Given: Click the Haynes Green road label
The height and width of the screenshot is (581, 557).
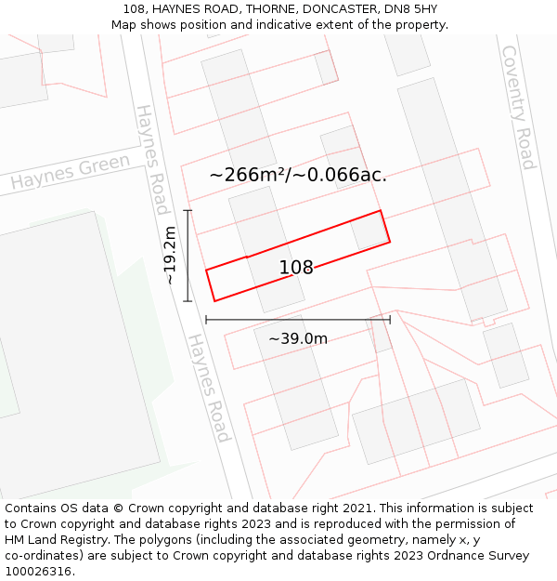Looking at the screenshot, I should point(71,173).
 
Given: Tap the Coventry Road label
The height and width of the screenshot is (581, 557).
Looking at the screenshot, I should point(518,107).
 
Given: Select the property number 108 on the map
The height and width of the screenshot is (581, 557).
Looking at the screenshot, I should point(296,268).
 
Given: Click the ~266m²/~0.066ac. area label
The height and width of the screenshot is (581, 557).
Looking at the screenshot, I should point(297,174).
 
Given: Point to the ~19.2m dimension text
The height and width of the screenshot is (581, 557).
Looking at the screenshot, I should point(170,256).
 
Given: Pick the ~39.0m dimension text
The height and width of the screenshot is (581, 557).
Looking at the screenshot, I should point(298,338).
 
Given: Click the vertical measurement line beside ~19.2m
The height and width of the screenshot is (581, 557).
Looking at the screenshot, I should point(188,256).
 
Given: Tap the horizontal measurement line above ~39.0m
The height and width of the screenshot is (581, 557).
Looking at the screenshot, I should point(298,319).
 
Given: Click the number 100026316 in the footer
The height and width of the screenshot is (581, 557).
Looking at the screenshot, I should point(38,571).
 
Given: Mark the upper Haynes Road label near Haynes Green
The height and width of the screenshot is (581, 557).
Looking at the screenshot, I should point(151,159).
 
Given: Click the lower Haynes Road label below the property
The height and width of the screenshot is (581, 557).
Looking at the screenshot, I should point(209,388).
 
